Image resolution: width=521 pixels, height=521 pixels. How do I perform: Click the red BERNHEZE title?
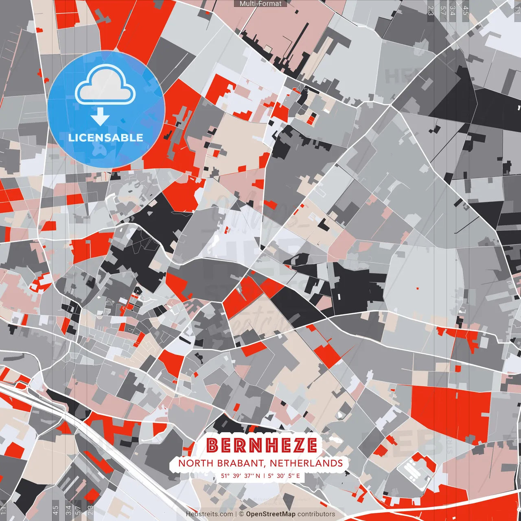pyautogui.click(x=261, y=445)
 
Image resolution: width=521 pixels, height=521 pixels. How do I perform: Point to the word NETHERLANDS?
pyautogui.click(x=306, y=463)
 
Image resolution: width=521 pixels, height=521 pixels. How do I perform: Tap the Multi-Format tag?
pyautogui.click(x=260, y=4)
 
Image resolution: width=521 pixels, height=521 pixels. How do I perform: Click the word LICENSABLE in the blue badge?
pyautogui.click(x=106, y=138)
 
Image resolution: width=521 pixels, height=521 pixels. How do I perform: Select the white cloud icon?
pyautogui.click(x=105, y=84)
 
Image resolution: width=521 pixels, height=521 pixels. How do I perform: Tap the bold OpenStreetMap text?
pyautogui.click(x=271, y=514)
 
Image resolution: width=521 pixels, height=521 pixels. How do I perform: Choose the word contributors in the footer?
pyautogui.click(x=316, y=514)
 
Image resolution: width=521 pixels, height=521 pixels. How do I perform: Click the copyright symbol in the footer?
pyautogui.click(x=241, y=514)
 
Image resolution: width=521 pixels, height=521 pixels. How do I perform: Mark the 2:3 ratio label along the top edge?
pyautogui.click(x=431, y=10)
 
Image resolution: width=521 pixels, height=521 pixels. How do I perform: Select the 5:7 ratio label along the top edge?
pyautogui.click(x=443, y=10)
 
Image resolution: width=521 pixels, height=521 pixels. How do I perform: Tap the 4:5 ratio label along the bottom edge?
pyautogui.click(x=56, y=510)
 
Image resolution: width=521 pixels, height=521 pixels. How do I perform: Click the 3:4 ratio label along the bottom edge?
pyautogui.click(x=68, y=510)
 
